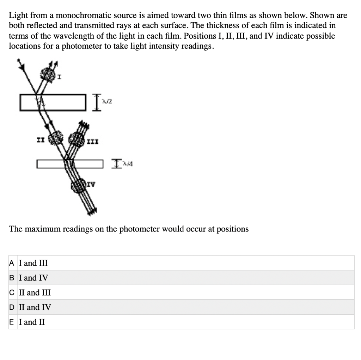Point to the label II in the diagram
pyautogui.click(x=41, y=139)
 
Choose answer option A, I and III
pyautogui.click(x=33, y=263)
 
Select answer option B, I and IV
pyautogui.click(x=34, y=278)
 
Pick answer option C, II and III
pyautogui.click(x=35, y=292)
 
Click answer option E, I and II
pyautogui.click(x=32, y=322)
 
